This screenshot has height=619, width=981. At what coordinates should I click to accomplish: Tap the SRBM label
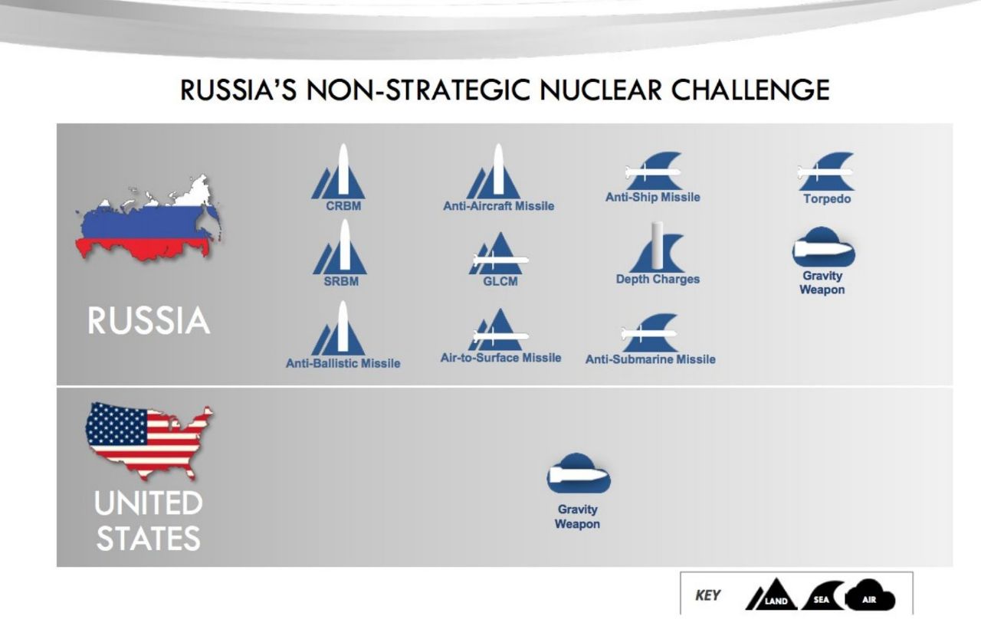pyautogui.click(x=341, y=281)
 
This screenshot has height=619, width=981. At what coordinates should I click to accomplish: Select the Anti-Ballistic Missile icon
pyautogui.click(x=338, y=328)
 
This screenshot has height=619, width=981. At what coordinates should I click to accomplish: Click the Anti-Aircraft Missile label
pyautogui.click(x=498, y=206)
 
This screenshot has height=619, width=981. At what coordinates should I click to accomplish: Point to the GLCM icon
pyautogui.click(x=500, y=254)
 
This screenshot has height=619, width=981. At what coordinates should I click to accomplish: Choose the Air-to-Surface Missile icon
pyautogui.click(x=500, y=329)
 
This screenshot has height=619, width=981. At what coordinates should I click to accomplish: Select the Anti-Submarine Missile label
pyautogui.click(x=651, y=359)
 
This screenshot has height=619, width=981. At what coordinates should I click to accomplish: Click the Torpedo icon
pyautogui.click(x=826, y=172)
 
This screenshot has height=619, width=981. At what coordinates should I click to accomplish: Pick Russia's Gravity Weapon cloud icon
pyautogui.click(x=823, y=247)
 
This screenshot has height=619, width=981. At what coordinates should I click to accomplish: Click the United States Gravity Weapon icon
pyautogui.click(x=579, y=473)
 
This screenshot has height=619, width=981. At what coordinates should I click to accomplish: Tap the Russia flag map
pyautogui.click(x=148, y=219)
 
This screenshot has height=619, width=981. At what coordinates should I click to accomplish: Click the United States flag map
pyautogui.click(x=148, y=440)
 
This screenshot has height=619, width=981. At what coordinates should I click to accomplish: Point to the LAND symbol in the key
pyautogui.click(x=772, y=594)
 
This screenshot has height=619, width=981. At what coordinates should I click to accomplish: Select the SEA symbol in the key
pyautogui.click(x=822, y=595)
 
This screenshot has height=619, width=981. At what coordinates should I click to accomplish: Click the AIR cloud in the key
pyautogui.click(x=869, y=595)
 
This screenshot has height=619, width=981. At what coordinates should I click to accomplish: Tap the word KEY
pyautogui.click(x=707, y=595)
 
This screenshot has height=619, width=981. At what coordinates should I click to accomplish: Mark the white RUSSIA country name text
pyautogui.click(x=149, y=320)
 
